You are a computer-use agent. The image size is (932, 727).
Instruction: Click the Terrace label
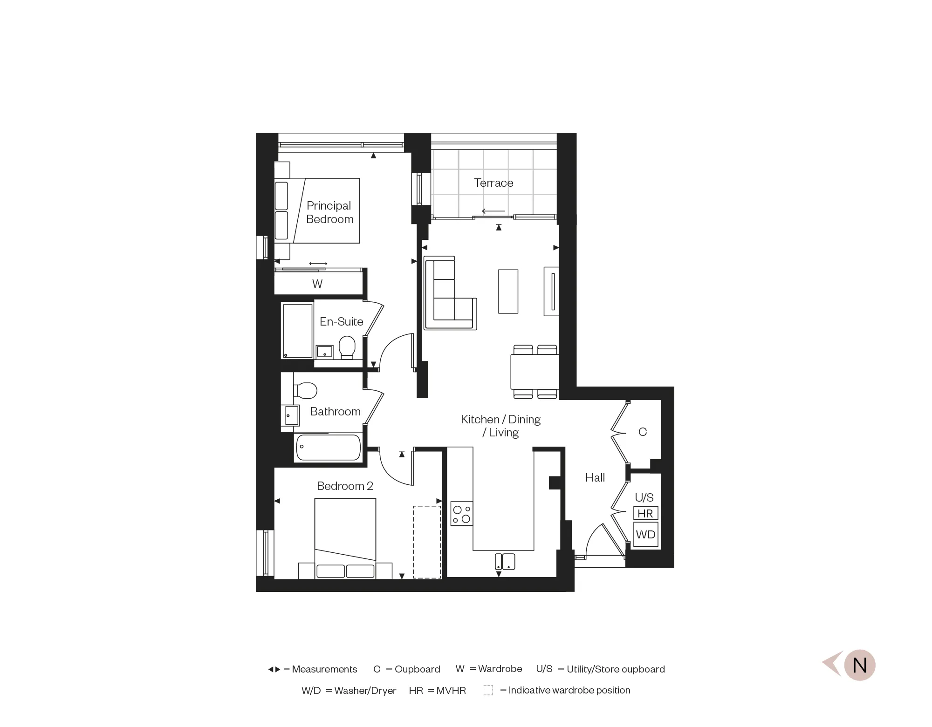[493, 183]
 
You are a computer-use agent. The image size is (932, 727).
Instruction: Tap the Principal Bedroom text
[329, 212]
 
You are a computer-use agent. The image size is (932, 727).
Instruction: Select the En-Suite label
[341, 321]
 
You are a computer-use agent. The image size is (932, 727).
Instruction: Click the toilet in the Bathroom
[305, 390]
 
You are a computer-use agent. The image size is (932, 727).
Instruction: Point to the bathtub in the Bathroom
[329, 447]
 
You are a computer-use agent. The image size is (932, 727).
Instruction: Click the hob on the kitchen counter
[462, 514]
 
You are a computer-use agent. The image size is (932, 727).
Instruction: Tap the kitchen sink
[505, 561]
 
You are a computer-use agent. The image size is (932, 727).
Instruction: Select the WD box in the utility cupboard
[645, 535]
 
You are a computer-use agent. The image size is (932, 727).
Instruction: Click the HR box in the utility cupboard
[645, 513]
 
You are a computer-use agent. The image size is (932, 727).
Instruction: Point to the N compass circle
[859, 665]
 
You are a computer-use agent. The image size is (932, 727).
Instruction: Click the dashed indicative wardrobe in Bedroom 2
[427, 542]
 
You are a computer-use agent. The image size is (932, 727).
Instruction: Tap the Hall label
[595, 477]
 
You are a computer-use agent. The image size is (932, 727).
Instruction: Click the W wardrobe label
[317, 284]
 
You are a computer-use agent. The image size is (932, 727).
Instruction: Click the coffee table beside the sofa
[508, 292]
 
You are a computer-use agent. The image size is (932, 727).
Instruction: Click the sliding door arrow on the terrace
[493, 211]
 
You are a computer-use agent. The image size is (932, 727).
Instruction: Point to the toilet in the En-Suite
[347, 347]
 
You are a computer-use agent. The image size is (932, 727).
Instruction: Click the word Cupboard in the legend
[417, 669]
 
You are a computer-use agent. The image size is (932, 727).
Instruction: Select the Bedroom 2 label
[345, 486]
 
